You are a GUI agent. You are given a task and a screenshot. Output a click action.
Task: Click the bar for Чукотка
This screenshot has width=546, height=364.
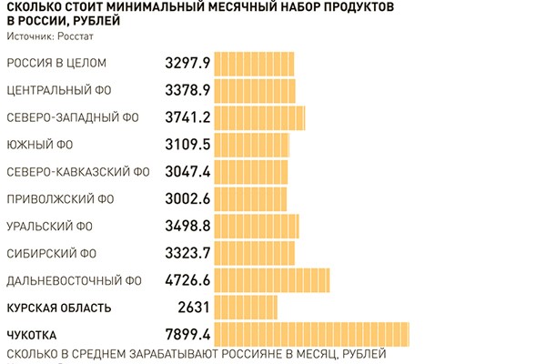tap(311, 334)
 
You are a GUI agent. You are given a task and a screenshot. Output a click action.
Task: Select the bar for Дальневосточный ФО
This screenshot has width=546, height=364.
tap(271, 280)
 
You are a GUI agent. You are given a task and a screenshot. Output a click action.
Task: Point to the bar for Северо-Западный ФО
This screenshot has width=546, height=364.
tap(259, 117)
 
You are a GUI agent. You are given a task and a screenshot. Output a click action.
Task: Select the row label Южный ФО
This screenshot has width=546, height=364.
tap(40, 145)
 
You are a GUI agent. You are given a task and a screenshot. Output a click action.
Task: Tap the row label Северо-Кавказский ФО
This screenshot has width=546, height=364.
tap(77, 172)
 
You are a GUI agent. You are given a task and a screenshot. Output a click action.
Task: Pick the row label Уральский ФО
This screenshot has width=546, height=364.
tap(50, 226)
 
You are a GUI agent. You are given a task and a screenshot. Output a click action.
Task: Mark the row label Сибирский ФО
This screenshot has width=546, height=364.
tap(51, 253)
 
